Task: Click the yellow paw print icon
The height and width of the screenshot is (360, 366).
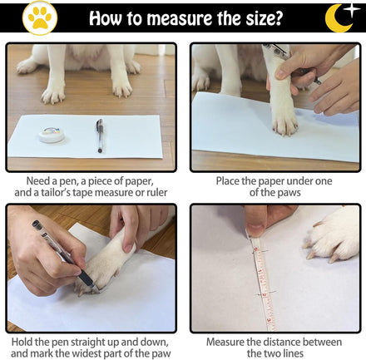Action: (x=40, y=18)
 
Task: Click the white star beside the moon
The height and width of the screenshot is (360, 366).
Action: (x=351, y=9)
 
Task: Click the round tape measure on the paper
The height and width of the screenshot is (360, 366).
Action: (x=52, y=135)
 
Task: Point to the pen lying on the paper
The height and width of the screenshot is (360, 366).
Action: (x=100, y=136)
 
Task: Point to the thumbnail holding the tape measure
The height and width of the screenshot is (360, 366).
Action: (x=255, y=230)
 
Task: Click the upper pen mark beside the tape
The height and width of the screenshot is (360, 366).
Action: (x=260, y=252)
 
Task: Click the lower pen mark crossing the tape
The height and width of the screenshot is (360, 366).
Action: (x=267, y=293)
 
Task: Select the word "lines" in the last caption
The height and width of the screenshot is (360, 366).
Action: (x=293, y=354)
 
